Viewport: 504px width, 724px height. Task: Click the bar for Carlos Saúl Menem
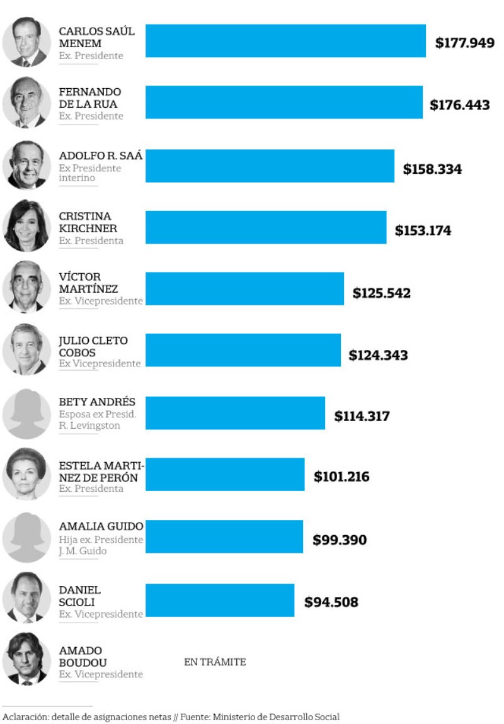click(x=285, y=40)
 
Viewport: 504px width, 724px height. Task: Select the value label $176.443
click(x=460, y=105)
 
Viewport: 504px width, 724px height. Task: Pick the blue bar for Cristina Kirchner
click(x=266, y=227)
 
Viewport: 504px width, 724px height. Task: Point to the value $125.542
click(x=382, y=293)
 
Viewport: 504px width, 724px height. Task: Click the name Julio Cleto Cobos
click(x=93, y=346)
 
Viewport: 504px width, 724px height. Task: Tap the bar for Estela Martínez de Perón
click(x=225, y=474)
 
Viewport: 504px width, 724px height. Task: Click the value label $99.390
click(x=340, y=540)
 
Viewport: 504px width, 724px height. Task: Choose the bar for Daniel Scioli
click(x=220, y=600)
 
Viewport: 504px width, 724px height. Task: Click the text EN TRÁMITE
click(x=215, y=662)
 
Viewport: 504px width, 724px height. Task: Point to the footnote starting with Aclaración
click(x=171, y=716)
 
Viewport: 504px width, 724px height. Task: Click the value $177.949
click(x=464, y=43)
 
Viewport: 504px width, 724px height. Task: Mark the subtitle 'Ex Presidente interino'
click(x=90, y=173)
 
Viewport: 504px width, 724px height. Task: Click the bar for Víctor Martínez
click(x=245, y=288)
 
